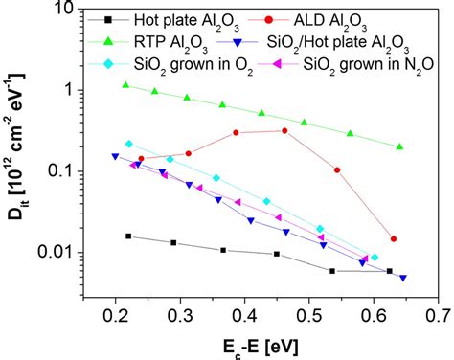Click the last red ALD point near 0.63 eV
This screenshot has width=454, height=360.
(394, 239)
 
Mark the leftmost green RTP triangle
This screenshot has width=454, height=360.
(125, 85)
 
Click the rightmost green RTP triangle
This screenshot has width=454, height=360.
(399, 146)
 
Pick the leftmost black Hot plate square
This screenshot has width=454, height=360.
(129, 236)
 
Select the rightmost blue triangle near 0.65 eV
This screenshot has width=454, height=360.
(403, 278)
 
